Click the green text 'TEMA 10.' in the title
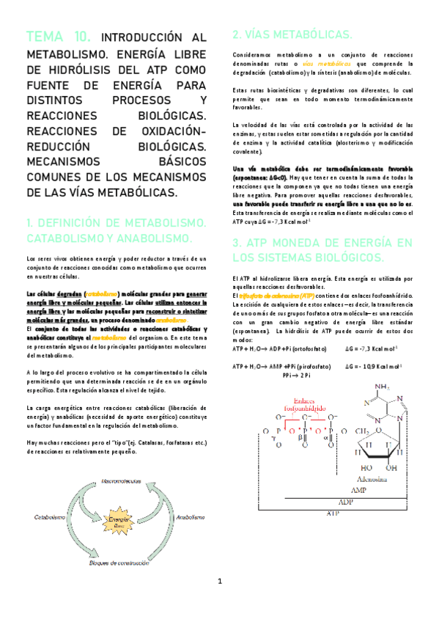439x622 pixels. (x=59, y=37)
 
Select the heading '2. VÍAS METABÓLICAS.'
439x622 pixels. (x=292, y=35)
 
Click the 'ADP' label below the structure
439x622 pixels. (x=343, y=501)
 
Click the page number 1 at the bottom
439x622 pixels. (x=219, y=602)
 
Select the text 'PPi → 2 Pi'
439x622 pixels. (x=296, y=375)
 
